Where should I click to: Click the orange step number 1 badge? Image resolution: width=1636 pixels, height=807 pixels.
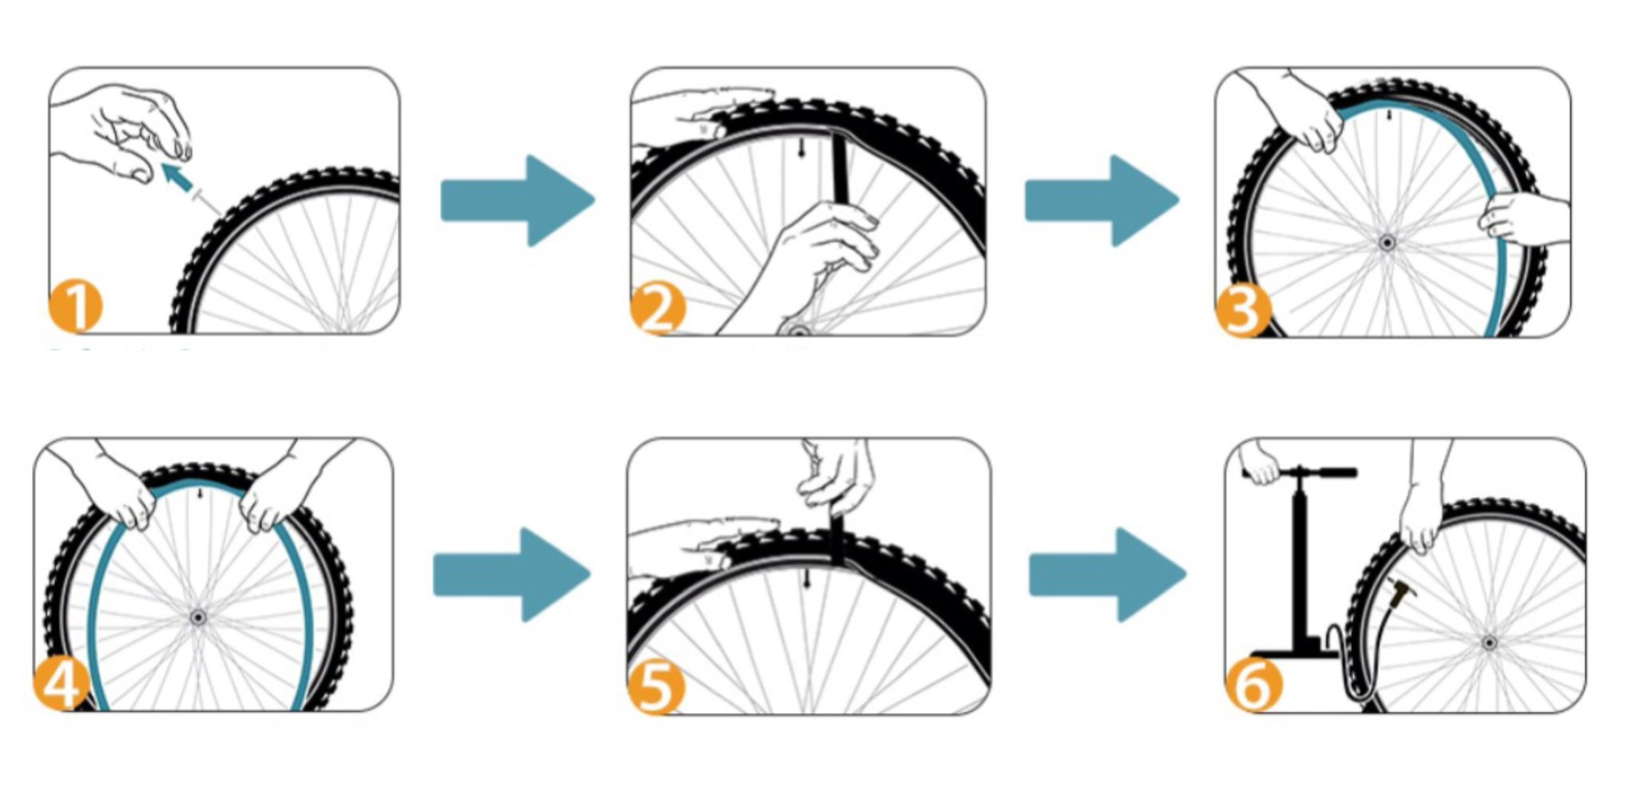[x=76, y=306]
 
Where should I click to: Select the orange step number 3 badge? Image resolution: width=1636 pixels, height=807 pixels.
[x=1242, y=310]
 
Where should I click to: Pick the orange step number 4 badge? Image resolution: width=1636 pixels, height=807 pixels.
[x=61, y=682]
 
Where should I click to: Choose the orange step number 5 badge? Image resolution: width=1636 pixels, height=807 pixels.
[x=656, y=686]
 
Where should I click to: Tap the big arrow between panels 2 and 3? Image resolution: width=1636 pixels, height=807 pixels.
[x=1102, y=201]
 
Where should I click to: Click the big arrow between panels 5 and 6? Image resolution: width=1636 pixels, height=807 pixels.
[x=1107, y=574]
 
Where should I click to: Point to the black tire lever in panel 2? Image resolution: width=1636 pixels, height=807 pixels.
[x=840, y=172]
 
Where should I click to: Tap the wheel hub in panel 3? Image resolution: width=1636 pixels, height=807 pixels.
[x=1387, y=242]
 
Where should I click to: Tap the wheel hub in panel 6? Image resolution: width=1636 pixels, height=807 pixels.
[x=1489, y=642]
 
